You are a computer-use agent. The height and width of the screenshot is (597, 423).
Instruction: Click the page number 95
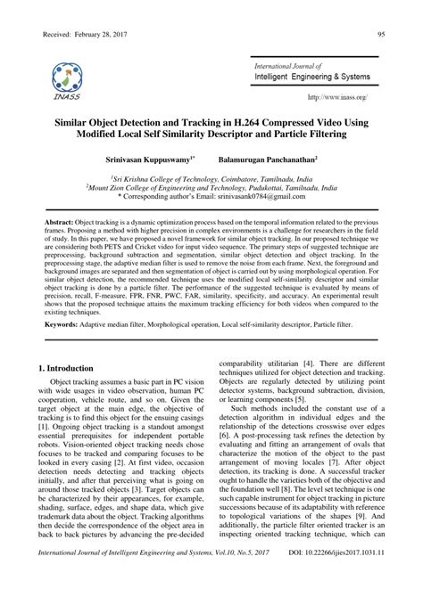(381, 34)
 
